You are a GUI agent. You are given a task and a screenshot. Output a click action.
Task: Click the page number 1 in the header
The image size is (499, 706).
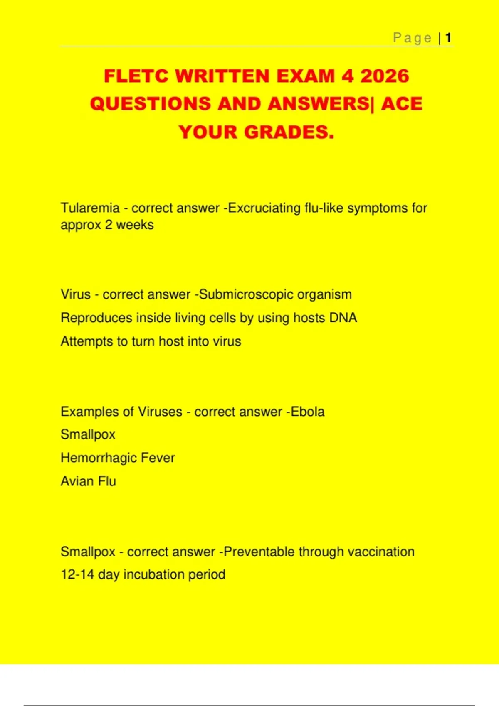click(448, 38)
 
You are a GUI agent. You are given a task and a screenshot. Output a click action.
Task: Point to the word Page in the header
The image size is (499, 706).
click(413, 38)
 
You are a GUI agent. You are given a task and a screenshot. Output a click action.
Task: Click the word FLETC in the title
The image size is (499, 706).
click(136, 76)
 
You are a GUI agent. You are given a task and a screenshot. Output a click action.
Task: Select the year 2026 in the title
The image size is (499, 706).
click(385, 76)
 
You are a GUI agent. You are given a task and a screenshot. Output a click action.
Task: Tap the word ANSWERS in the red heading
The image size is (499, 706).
click(318, 104)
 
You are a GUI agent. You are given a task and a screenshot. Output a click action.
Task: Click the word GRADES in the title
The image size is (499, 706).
click(289, 132)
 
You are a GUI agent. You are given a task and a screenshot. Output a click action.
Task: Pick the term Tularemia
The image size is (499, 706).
click(90, 208)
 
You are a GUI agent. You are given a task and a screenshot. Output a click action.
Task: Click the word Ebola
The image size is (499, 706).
click(308, 412)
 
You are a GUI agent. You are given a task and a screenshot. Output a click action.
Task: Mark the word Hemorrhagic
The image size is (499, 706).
click(99, 458)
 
